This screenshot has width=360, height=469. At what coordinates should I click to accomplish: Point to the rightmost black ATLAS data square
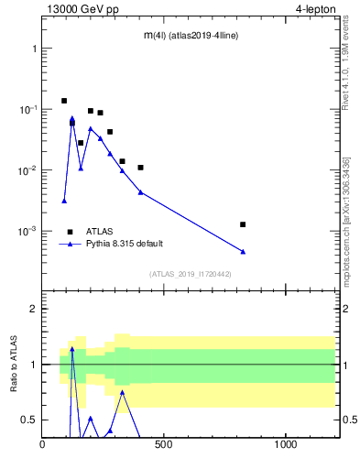[x=243, y=224]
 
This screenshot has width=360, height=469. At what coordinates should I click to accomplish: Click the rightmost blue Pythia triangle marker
[x=243, y=252]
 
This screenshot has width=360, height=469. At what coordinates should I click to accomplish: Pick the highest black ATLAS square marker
[x=64, y=101]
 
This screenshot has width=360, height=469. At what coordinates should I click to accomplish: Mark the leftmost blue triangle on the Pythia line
[x=64, y=201]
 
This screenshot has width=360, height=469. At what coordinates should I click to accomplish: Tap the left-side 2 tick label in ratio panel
[x=34, y=309]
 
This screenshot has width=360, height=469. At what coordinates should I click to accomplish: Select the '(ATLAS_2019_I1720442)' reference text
[x=190, y=274]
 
